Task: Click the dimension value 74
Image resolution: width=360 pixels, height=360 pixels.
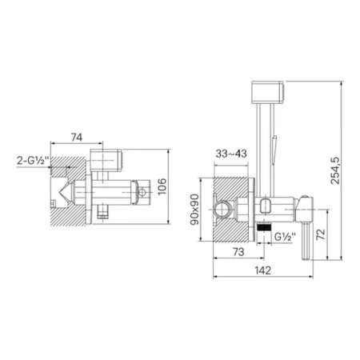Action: pos(77,138)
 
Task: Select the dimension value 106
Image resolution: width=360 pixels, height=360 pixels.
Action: pos(162,186)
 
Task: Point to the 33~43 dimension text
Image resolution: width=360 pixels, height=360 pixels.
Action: pos(231,154)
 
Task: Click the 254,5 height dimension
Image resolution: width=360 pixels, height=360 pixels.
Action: pos(335,170)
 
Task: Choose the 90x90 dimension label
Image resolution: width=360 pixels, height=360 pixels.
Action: pos(194,210)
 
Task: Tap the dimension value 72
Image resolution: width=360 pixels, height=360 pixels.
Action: pos(321,234)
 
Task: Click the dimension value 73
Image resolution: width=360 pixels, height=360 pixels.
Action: pos(238,252)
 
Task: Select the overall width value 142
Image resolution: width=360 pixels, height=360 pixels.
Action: pos(263,270)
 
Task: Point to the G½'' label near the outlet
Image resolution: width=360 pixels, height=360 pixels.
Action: pos(285,236)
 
